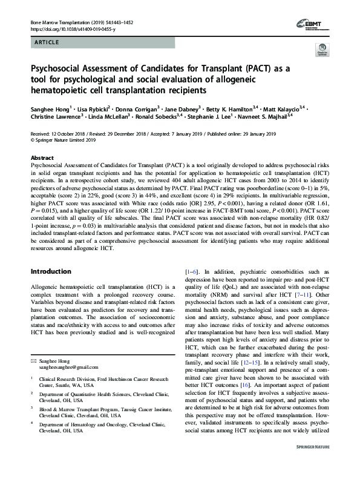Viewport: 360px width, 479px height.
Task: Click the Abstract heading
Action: point(42,157)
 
